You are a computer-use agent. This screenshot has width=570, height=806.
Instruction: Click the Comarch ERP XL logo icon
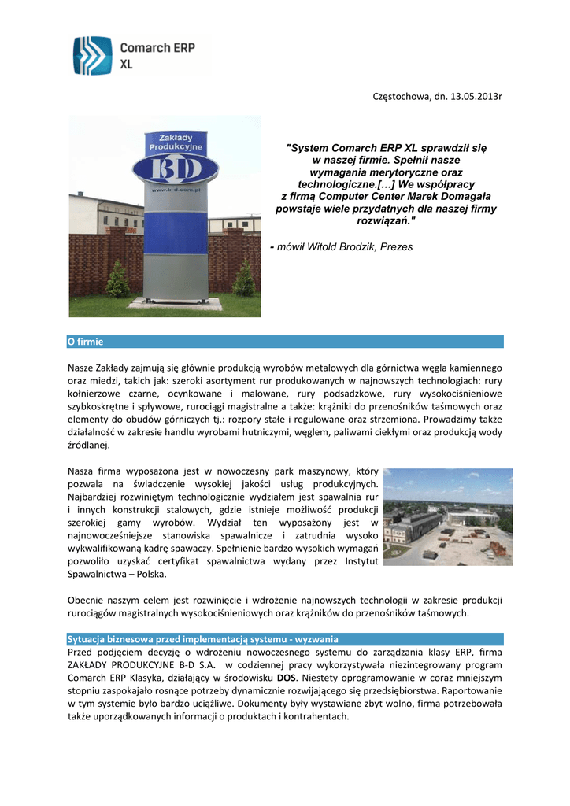93,55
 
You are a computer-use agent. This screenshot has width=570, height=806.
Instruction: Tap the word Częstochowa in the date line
399,96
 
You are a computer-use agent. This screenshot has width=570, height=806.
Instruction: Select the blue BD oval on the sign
175,169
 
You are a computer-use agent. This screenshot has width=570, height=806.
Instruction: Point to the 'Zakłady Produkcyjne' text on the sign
176,142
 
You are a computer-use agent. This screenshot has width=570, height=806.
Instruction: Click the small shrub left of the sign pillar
117,279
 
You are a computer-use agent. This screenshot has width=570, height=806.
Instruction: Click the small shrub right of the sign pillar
243,279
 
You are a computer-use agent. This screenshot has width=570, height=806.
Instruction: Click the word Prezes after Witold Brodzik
396,247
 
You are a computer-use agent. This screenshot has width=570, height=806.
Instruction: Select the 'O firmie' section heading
86,342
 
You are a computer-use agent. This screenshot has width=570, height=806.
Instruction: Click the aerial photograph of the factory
447,516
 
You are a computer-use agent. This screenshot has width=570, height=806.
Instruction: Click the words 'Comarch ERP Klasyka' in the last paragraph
115,677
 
